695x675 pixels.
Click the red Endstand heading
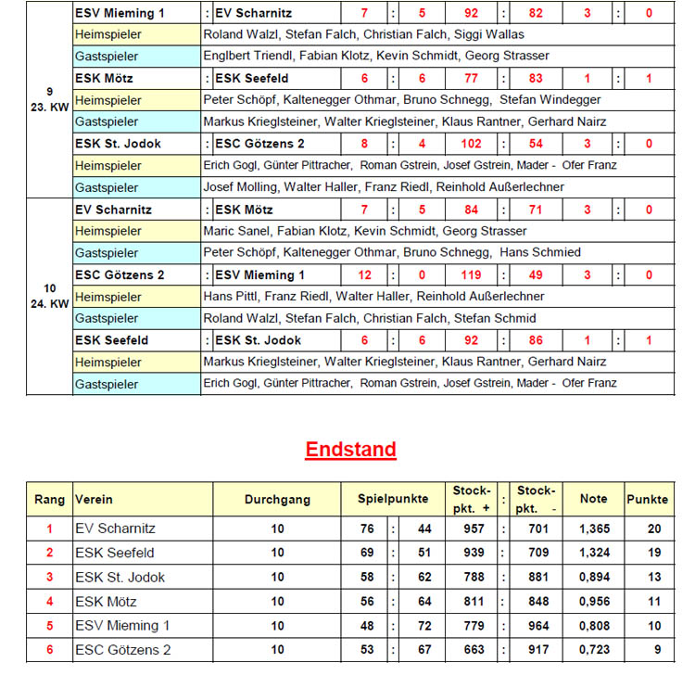coord(351,450)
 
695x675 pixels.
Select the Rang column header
coord(50,499)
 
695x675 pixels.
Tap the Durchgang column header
coord(277,499)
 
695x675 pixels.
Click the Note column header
coord(593,499)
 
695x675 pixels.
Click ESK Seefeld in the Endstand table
coord(114,553)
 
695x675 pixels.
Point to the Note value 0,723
coord(593,650)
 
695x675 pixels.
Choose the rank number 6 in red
coord(50,650)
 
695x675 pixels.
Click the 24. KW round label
coord(50,303)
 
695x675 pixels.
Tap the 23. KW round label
coord(50,106)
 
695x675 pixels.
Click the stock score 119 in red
coord(471,275)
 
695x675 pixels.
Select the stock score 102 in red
coord(471,144)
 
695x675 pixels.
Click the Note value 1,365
coord(593,529)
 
